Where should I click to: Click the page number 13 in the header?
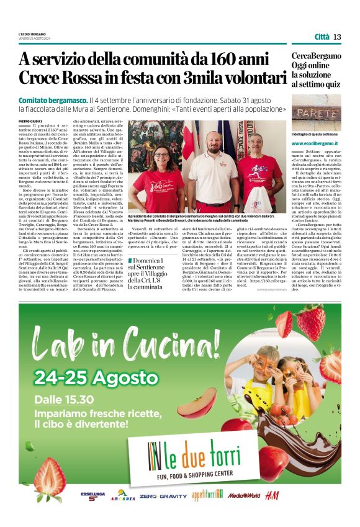pos(337,37)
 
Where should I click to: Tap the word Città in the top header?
pos(322,37)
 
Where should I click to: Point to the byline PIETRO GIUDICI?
pos(30,121)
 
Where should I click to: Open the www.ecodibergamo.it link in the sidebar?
pos(316,143)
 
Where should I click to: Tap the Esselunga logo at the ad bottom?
pos(92,497)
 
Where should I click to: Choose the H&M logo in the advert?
pos(271,495)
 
